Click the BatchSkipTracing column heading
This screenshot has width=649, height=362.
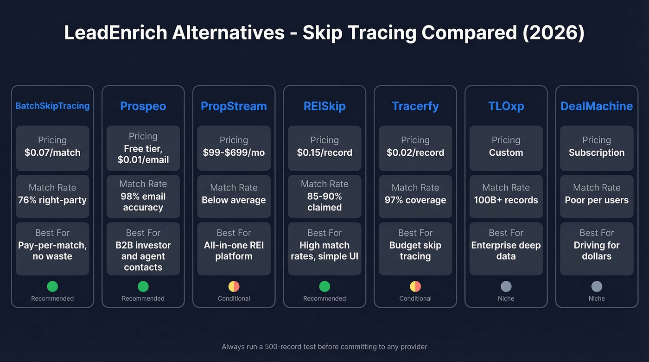(52, 106)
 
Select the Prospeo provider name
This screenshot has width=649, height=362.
(143, 106)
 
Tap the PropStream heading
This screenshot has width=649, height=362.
(234, 106)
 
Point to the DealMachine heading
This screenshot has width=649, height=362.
(597, 106)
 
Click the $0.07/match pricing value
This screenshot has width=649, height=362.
(52, 152)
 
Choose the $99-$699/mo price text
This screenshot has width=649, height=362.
(234, 152)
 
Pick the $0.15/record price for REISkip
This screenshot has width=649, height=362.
(324, 152)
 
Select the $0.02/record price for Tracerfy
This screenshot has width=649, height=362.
(415, 152)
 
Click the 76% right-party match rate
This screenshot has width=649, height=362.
(52, 200)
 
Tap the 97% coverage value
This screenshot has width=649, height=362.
(415, 200)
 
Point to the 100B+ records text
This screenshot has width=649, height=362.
(506, 200)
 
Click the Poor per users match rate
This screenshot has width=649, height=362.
(597, 200)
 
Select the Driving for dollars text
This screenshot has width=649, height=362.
(597, 251)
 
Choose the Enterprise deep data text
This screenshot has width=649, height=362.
(506, 251)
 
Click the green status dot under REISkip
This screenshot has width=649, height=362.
(324, 286)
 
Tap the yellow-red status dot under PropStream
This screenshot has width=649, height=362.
(234, 286)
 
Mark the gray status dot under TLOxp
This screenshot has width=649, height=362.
(506, 286)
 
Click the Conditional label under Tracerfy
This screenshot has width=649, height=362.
(415, 298)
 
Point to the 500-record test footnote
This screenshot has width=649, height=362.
(324, 347)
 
